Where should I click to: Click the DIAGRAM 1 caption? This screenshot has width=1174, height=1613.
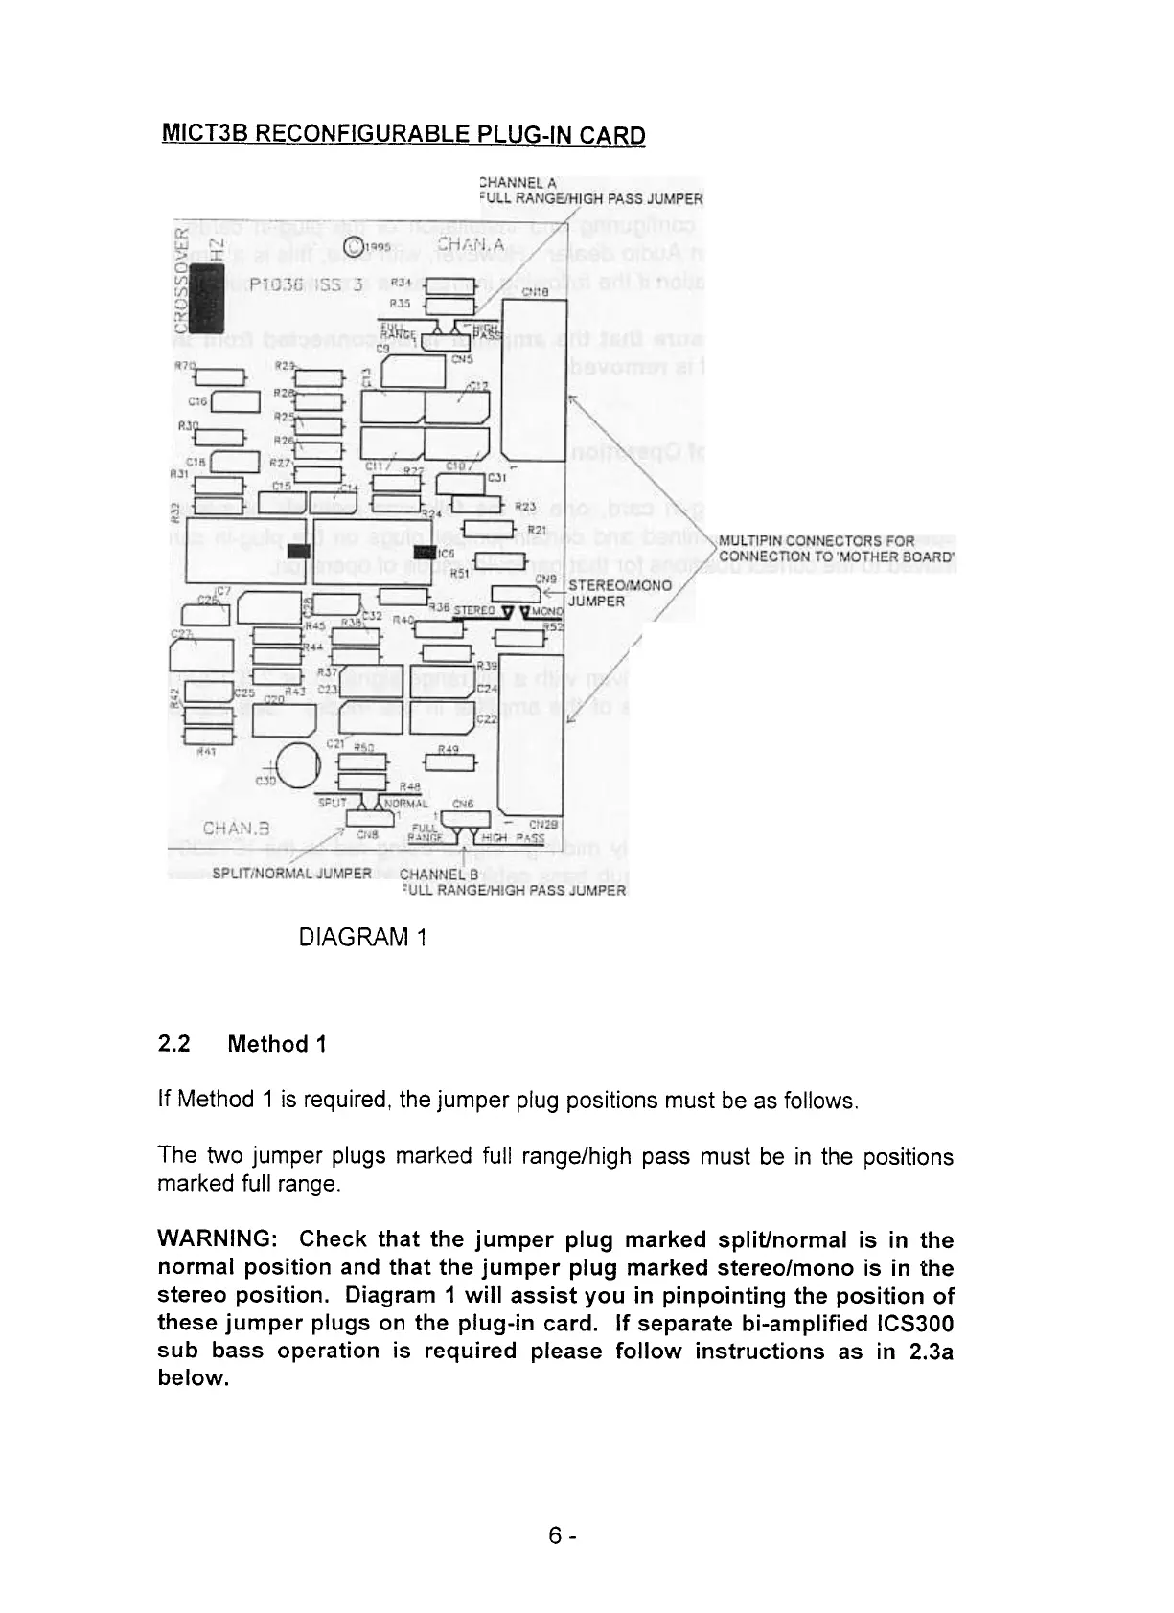pyautogui.click(x=362, y=936)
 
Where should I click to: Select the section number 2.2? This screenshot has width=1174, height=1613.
pyautogui.click(x=173, y=1044)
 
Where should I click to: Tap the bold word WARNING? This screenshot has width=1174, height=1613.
pyautogui.click(x=217, y=1240)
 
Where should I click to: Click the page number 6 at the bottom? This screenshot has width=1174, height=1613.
pyautogui.click(x=555, y=1535)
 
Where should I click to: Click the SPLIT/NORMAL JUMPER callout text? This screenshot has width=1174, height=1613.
pyautogui.click(x=290, y=874)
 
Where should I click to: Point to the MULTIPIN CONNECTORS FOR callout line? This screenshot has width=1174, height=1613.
pyautogui.click(x=817, y=541)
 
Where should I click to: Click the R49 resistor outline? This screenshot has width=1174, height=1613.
pyautogui.click(x=449, y=761)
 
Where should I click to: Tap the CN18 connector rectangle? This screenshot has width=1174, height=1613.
pyautogui.click(x=534, y=380)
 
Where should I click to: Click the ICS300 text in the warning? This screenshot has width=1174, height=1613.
pyautogui.click(x=913, y=1324)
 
